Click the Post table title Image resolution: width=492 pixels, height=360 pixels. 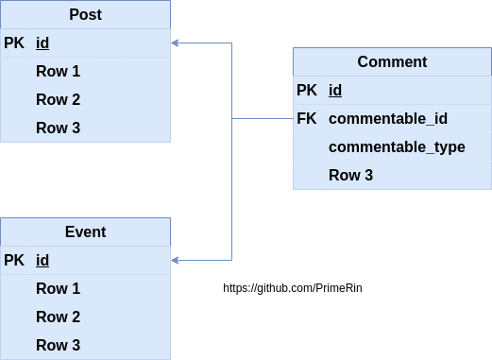85,15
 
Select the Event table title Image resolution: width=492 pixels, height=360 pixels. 85,231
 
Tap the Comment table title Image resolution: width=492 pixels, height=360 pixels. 392,62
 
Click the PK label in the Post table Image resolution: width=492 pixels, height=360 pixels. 15,43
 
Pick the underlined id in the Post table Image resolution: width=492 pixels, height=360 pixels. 42,43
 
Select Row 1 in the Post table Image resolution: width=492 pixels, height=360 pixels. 58,72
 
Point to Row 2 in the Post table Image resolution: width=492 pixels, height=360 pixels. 58,100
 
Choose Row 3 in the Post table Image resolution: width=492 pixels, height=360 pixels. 58,129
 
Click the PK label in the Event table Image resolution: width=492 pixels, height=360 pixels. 15,261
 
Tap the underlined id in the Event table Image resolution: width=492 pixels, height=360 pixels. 42,261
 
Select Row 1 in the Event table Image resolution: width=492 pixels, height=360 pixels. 58,289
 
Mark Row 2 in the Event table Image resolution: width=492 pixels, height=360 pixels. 58,317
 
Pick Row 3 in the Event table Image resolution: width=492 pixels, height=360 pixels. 58,346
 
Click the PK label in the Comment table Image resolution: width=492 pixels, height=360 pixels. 307,91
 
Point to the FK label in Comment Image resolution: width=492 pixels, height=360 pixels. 307,119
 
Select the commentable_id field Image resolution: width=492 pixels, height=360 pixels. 387,119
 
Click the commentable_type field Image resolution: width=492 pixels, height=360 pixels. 397,147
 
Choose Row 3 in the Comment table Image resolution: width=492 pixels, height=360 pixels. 350,176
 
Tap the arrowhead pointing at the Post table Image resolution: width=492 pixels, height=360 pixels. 176,43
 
